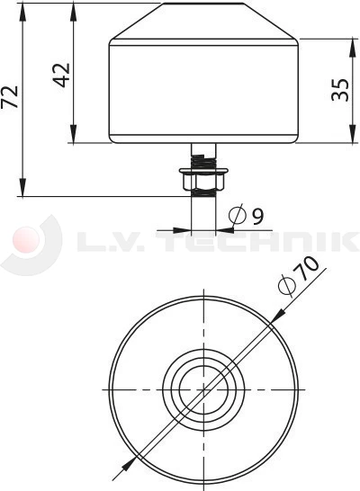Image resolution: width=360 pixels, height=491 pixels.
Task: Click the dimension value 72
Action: point(10,97)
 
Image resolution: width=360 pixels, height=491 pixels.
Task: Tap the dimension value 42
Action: point(61,76)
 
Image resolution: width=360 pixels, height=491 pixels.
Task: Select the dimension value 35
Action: point(340,90)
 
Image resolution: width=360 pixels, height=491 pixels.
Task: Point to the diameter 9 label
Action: point(247,215)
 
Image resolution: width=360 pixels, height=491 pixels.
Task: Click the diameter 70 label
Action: point(299,275)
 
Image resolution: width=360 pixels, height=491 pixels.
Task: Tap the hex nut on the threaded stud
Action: point(203,183)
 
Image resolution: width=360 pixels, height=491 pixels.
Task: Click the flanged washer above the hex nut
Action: point(203,171)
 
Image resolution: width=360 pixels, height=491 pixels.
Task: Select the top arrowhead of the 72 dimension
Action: point(22,12)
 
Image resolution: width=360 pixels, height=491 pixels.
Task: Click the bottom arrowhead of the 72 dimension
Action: point(22,187)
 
